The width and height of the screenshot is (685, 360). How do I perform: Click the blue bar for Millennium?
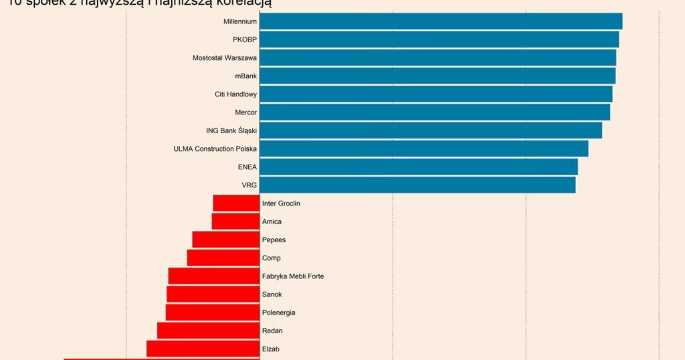click(441, 21)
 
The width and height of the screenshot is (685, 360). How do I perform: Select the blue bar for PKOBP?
click(439, 39)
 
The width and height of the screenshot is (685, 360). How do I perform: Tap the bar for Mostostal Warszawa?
click(437, 58)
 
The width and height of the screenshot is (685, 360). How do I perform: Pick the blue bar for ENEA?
click(418, 167)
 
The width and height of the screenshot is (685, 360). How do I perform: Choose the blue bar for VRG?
click(417, 185)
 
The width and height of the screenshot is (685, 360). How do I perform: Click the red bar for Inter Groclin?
click(236, 203)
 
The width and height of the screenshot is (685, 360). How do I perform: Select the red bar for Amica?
click(235, 221)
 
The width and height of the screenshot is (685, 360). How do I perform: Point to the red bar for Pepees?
click(225, 240)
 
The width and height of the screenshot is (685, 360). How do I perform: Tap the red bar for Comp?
click(223, 258)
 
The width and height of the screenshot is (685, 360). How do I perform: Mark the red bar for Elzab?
click(203, 349)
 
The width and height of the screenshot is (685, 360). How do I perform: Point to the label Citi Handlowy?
click(235, 94)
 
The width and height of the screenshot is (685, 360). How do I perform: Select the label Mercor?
click(246, 112)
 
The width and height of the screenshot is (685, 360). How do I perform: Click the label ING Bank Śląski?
click(231, 130)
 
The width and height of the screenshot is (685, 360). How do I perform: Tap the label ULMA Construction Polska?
click(215, 149)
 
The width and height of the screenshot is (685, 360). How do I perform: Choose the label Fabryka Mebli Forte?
click(293, 276)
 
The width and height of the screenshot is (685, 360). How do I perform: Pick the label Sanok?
click(272, 294)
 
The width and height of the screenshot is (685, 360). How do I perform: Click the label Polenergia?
click(278, 312)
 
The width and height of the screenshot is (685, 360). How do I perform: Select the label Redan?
click(272, 331)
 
